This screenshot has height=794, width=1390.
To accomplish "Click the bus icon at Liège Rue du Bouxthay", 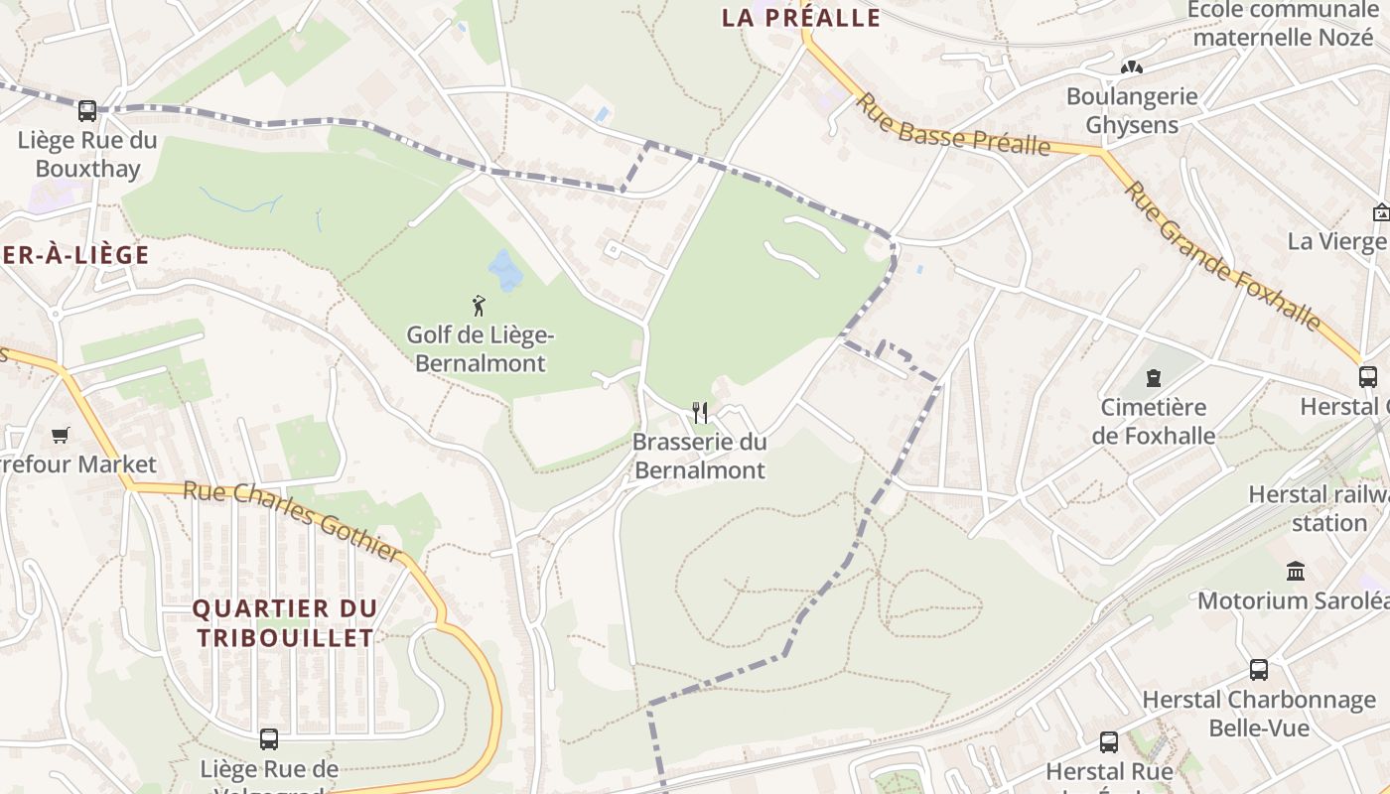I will (x=87, y=110).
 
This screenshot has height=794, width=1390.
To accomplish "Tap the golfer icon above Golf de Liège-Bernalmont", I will (x=480, y=306).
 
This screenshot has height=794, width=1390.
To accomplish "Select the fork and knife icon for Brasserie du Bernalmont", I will (x=700, y=412).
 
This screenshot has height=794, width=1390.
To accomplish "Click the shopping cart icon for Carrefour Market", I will (x=61, y=435).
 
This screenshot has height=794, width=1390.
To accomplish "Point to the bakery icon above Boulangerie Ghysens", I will (x=1132, y=68).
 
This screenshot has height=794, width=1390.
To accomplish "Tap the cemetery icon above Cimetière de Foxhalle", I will (x=1153, y=378).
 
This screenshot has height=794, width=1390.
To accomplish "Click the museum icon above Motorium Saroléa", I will (x=1295, y=572).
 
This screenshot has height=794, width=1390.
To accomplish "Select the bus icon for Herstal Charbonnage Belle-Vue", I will (x=1259, y=670).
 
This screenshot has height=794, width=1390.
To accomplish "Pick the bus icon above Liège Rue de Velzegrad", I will (x=269, y=739).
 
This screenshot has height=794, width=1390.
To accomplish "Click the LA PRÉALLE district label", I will (x=801, y=18).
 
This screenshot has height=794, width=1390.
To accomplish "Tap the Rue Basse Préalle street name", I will (x=953, y=125).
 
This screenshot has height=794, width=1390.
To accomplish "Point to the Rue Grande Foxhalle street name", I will (x=1223, y=255).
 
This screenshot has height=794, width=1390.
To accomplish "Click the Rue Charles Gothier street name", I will (x=293, y=520).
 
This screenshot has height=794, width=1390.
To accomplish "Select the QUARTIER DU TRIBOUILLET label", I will (x=285, y=622).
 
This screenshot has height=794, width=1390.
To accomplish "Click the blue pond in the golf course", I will (x=505, y=270).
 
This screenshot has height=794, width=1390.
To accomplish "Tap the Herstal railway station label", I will (x=1320, y=508).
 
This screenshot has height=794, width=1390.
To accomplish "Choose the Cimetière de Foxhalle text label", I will (x=1154, y=422).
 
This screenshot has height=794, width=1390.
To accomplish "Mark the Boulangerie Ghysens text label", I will (x=1132, y=111).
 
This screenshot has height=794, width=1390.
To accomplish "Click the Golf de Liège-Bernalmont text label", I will (x=481, y=349).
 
